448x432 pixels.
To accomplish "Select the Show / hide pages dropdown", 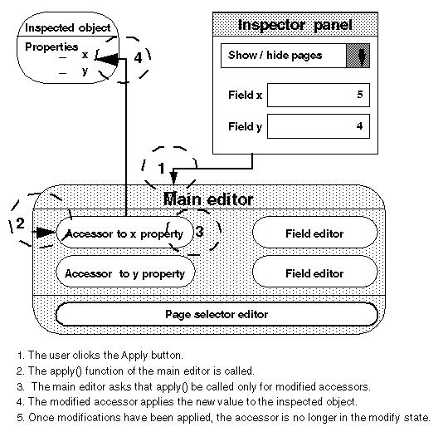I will coord(295,56).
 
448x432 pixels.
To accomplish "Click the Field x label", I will coord(245,96).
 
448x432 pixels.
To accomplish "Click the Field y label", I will coord(245,127).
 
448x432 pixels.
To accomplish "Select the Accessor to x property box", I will coord(124,233).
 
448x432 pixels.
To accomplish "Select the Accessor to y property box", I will coord(124,272).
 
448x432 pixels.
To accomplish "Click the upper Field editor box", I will coord(314,233).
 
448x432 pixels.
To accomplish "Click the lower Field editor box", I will coord(314,272).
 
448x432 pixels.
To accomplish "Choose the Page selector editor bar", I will coord(216,315).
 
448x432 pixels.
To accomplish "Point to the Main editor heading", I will coord(208,200).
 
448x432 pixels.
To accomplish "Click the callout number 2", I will coord(21,223).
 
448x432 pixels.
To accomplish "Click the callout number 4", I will coord(138,59).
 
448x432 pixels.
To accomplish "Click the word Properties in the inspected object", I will coord(51,47).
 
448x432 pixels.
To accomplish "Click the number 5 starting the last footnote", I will coord(18,417).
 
